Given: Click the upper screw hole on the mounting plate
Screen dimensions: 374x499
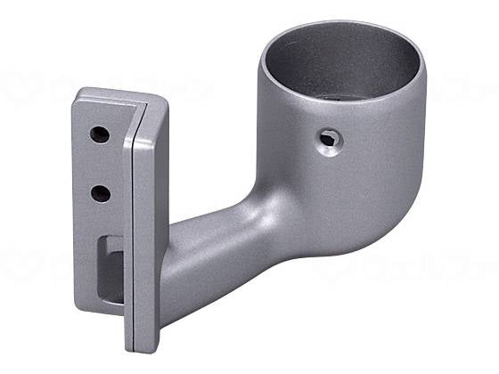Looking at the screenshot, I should click(99, 134).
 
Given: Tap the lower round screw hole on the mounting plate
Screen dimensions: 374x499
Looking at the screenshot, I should click(101, 192).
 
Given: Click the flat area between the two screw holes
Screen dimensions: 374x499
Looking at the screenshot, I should click(100, 164).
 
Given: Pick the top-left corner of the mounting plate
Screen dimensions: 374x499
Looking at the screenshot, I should click(78, 93).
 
